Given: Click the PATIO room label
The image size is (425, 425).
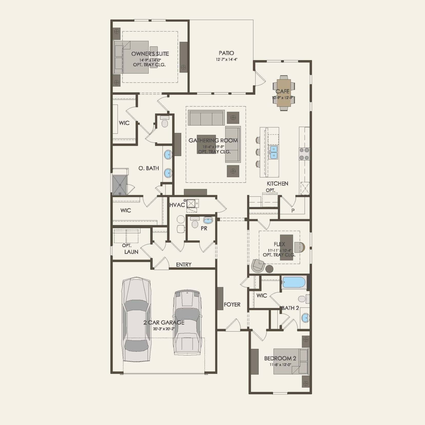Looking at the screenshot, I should tap(226, 53).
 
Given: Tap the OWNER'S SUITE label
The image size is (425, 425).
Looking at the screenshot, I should tap(150, 54).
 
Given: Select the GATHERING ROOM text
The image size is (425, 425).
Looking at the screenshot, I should tap(213, 140).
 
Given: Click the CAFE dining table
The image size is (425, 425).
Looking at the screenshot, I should tap(284, 93).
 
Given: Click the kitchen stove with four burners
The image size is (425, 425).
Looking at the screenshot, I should tap(304, 154).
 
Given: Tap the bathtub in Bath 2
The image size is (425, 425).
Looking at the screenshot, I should tap(294, 282).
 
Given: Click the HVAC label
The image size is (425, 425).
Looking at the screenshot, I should tap(177, 205).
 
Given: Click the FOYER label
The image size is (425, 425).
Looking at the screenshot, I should tap(232, 305).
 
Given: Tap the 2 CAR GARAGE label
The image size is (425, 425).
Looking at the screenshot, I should tap(164, 323).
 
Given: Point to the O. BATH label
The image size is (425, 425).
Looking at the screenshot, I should tap(149, 168).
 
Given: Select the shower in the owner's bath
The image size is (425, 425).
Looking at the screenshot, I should tap(120, 185).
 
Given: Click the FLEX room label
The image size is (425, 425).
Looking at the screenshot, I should tap(279, 244).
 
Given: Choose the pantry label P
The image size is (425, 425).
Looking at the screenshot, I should tap(293, 210).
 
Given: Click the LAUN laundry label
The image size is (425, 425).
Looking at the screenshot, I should tap(131, 252).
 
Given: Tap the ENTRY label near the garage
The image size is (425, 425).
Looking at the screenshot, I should tap(183, 265).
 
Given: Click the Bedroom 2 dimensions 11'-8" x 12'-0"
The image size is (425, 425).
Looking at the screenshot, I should tap(280, 365).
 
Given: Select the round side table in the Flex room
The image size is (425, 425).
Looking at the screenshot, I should tap(269, 269).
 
